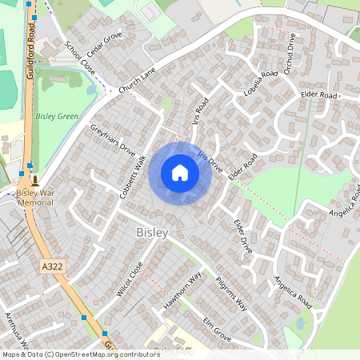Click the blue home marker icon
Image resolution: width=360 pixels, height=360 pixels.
[180, 173]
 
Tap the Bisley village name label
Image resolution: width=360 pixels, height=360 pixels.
[152, 233]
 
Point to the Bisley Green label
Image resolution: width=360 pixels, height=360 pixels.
[58, 117]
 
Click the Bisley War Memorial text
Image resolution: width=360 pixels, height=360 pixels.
[36, 198]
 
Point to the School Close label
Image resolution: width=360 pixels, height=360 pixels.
[80, 60]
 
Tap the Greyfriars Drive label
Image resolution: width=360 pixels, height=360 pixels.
[113, 138]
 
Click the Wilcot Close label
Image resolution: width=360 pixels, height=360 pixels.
[129, 279]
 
